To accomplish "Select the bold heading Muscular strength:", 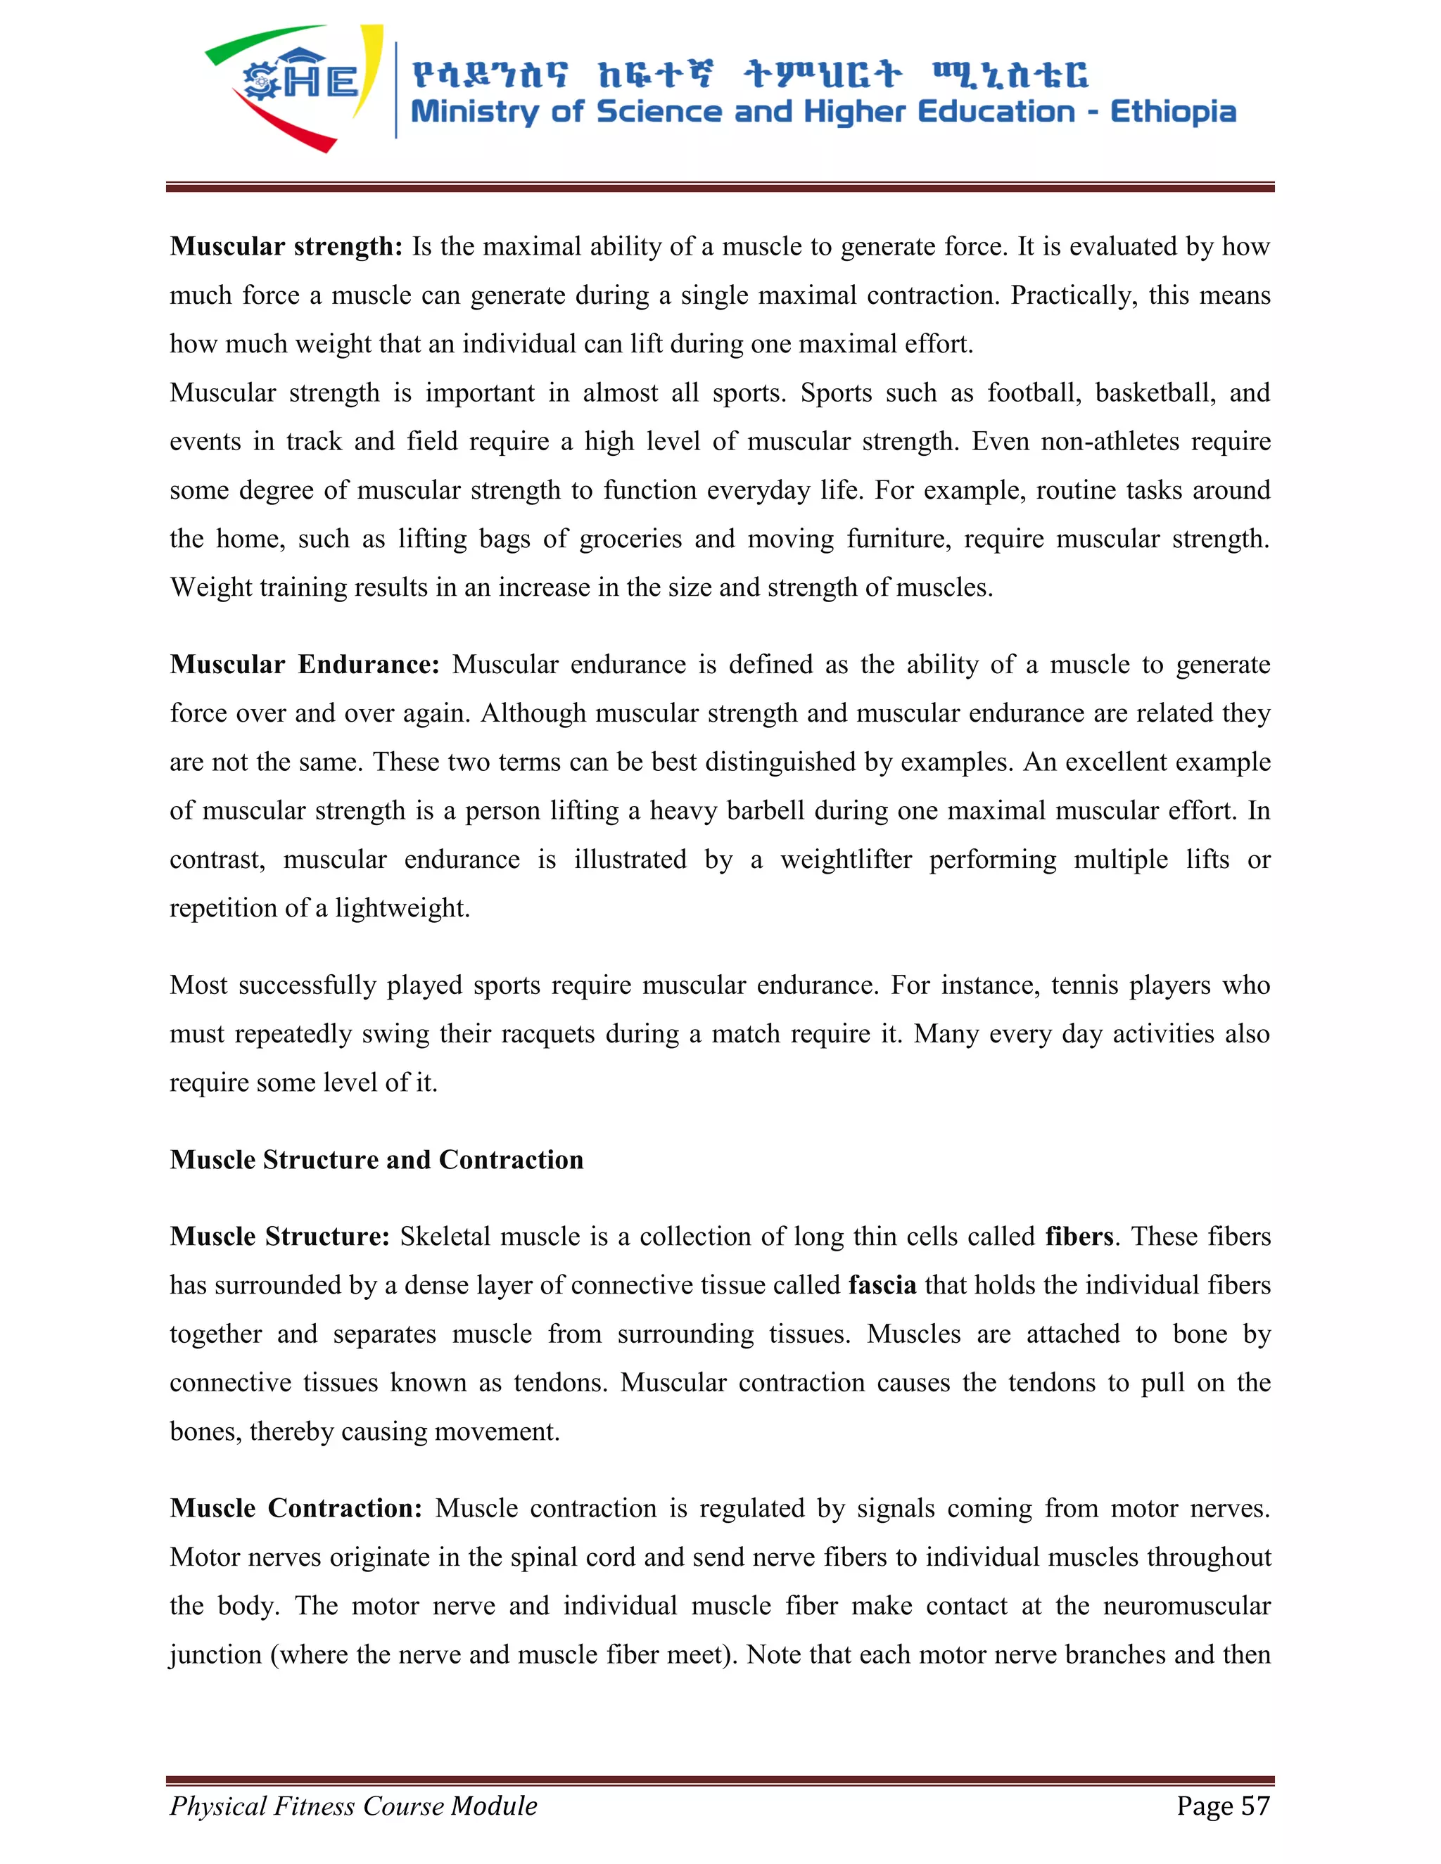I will (x=286, y=247).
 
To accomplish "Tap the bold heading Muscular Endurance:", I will (x=304, y=665).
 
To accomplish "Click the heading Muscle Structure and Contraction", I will (x=376, y=1160).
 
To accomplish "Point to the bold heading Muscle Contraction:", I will (x=296, y=1508).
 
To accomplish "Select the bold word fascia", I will (x=882, y=1285).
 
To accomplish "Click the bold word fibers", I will (x=1079, y=1237).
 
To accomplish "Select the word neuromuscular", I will (x=1186, y=1607).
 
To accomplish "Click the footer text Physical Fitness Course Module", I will (x=353, y=1806).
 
